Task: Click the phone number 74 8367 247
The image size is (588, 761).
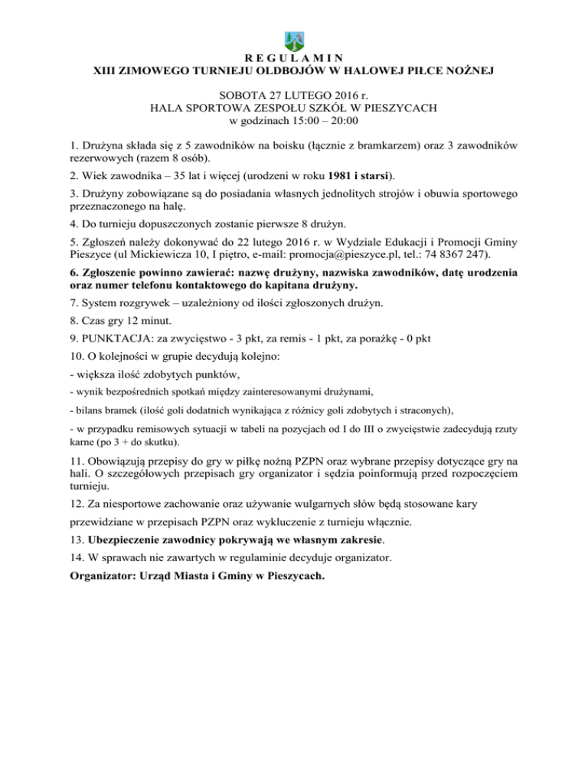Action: (450, 253)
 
